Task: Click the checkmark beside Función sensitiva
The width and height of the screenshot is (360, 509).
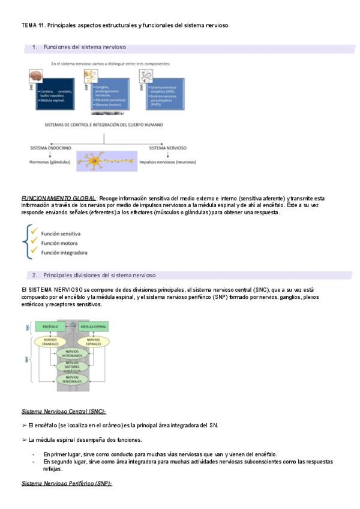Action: tap(35, 232)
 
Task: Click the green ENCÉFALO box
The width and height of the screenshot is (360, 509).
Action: tap(50, 327)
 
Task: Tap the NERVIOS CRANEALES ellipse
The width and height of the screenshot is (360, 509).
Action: tap(50, 342)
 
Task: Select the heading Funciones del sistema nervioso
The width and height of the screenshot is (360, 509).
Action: tap(85, 47)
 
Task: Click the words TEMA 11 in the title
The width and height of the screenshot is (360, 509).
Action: tap(32, 26)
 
